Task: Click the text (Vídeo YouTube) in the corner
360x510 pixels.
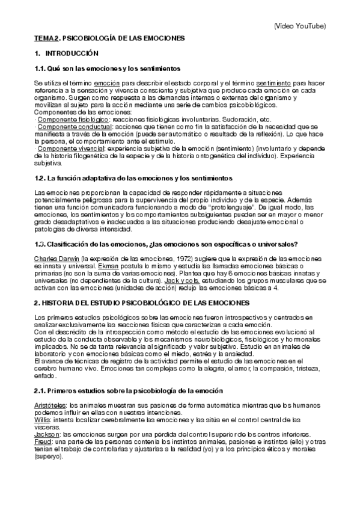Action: pos(299,26)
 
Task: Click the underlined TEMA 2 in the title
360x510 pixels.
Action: pos(46,38)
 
